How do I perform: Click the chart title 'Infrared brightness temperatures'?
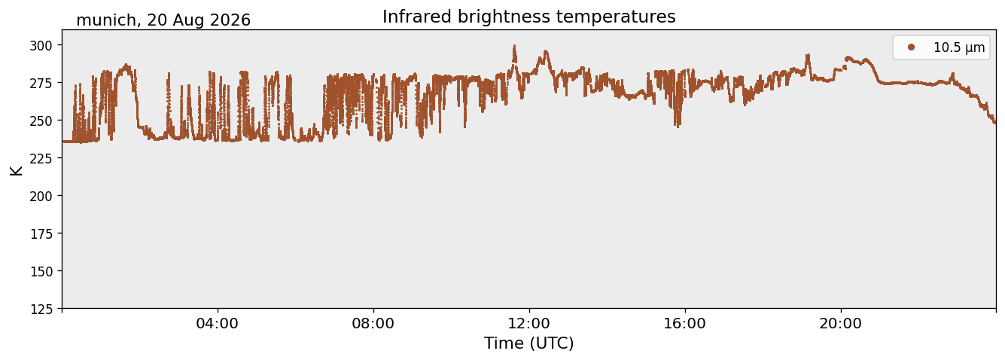click(x=529, y=17)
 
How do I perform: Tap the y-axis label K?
click(x=16, y=170)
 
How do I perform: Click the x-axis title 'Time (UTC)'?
click(x=529, y=343)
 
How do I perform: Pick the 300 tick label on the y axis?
click(x=41, y=45)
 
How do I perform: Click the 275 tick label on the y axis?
click(x=41, y=83)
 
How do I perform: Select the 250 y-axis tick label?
click(x=41, y=121)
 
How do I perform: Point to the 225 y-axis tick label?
click(x=41, y=158)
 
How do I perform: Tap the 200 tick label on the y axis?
click(x=41, y=196)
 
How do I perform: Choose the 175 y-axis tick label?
click(x=41, y=234)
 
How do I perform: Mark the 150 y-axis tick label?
click(x=41, y=272)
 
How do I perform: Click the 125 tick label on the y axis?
click(x=41, y=310)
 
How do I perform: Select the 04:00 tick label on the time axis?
click(x=218, y=323)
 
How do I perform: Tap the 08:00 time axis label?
click(x=373, y=323)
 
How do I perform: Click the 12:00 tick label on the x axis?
click(x=529, y=323)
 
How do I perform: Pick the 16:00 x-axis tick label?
click(x=684, y=323)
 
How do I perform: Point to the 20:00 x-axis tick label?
click(x=840, y=323)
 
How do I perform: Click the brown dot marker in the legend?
click(x=911, y=47)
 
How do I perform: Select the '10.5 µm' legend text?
click(x=959, y=47)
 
